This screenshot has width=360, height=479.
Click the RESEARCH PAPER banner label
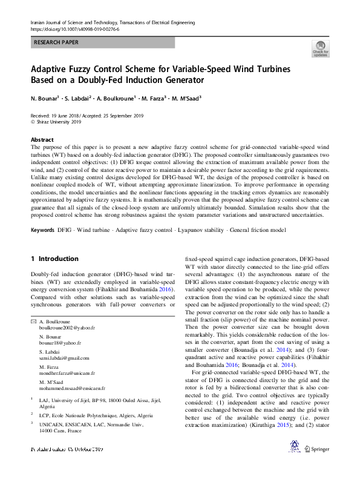click(x=56, y=42)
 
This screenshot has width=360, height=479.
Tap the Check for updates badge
click(x=320, y=49)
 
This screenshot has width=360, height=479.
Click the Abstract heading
click(x=42, y=139)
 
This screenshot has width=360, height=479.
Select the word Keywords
click(x=43, y=231)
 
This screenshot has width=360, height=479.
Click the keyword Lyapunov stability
click(x=202, y=231)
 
